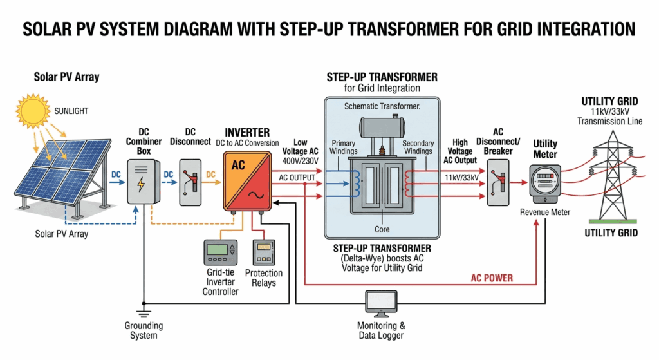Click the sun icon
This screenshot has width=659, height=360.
point(32,111)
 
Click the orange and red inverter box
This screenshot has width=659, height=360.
point(246,180)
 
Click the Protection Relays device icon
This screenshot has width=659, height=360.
point(263,252)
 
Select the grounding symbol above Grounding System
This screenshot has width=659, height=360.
point(144,314)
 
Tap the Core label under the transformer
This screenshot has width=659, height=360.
point(382,229)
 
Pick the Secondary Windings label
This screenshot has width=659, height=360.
point(418,148)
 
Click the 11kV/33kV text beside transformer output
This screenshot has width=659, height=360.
point(461,177)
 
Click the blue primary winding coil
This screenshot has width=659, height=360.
point(354,182)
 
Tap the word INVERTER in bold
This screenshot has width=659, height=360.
point(248,132)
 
